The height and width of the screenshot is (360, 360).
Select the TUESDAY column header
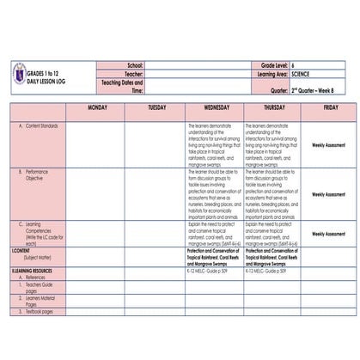[157, 108]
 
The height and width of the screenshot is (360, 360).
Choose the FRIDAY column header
[330, 108]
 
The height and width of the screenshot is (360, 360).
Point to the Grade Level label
[272, 65]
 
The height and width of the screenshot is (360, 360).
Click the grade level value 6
[294, 65]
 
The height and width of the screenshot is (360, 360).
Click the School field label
[135, 65]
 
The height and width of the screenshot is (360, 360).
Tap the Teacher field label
[133, 74]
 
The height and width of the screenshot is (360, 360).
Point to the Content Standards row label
[40, 125]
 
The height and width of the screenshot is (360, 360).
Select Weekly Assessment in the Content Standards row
[330, 145]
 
